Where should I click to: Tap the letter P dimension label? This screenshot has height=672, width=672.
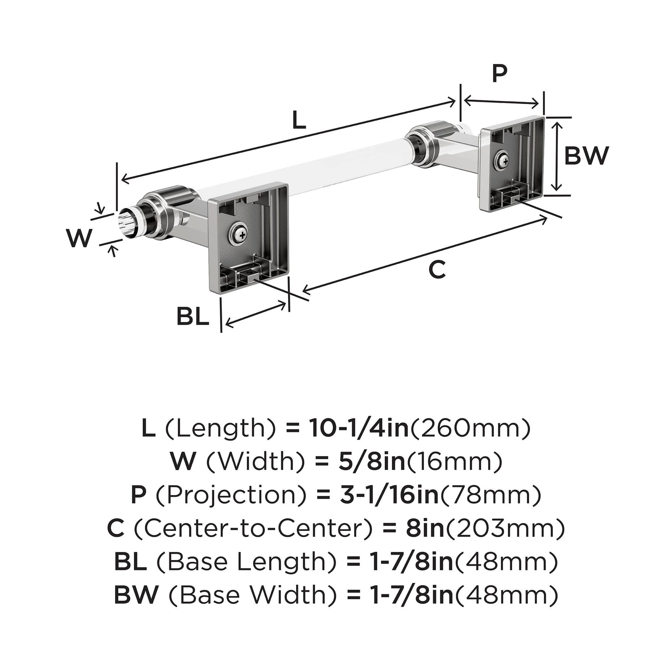[x=500, y=73]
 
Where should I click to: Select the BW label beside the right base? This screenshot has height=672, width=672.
[x=586, y=155]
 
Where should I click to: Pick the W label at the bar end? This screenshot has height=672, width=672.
[x=79, y=238]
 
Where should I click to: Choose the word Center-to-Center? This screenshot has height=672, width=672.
[x=253, y=529]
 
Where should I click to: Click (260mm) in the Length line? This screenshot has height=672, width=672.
[x=470, y=428]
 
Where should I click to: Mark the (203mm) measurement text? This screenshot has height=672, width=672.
[x=504, y=529]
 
